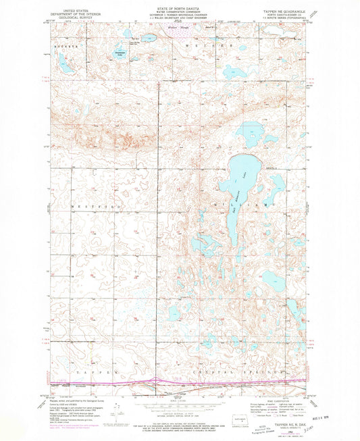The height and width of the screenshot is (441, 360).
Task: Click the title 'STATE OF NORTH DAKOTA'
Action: pyautogui.click(x=180, y=4)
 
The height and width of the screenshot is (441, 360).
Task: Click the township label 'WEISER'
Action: pyautogui.click(x=211, y=45)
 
